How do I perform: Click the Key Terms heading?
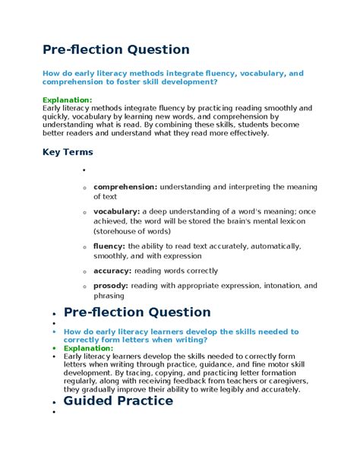click(x=68, y=152)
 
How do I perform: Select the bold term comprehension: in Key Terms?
click(x=125, y=186)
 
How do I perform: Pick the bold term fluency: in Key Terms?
click(x=109, y=246)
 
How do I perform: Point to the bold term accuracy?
click(x=112, y=271)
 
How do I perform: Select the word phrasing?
click(x=109, y=296)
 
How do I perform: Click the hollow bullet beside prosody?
click(x=84, y=287)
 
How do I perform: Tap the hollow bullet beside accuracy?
click(x=84, y=271)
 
